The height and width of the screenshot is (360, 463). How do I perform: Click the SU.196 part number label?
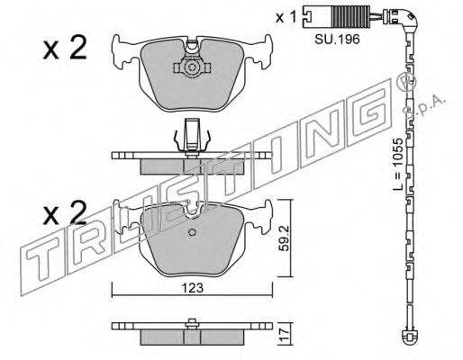[x=337, y=39]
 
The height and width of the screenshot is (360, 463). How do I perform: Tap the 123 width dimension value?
[x=192, y=288]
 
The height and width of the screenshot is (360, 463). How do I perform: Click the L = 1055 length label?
[x=398, y=164]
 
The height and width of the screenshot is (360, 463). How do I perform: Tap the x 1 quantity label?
[x=286, y=17]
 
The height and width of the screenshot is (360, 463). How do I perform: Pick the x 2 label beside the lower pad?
[x=65, y=212]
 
